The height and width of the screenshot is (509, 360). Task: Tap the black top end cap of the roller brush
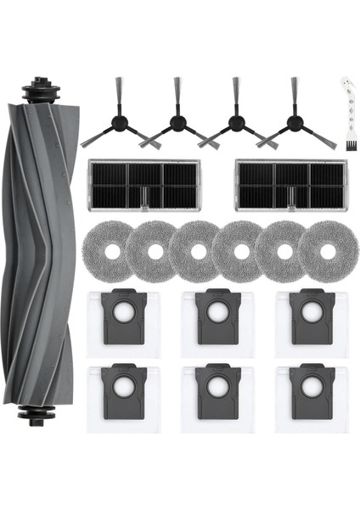pos(39,89)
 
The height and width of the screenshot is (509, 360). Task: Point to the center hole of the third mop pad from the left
pos(197,252)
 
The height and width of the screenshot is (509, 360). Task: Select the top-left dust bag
pos(121,322)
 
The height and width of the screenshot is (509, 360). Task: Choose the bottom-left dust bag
pos(121,399)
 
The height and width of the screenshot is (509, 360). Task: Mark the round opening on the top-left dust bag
pos(121,316)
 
